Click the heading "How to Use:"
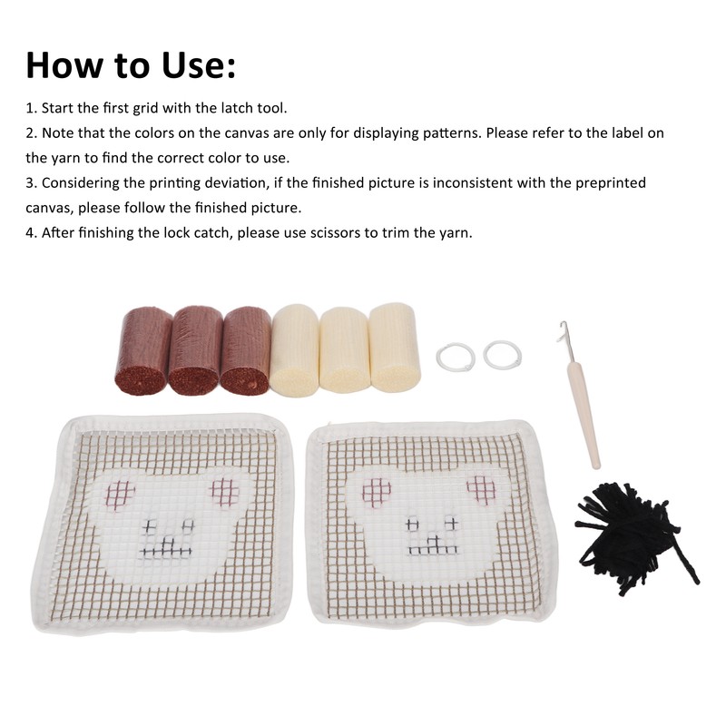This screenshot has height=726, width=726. [x=132, y=65]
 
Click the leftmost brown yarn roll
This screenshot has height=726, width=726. [x=143, y=349]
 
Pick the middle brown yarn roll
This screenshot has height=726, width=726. [x=195, y=349]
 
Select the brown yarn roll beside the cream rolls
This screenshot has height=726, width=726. [x=246, y=349]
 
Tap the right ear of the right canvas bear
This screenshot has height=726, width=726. [x=480, y=491]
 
